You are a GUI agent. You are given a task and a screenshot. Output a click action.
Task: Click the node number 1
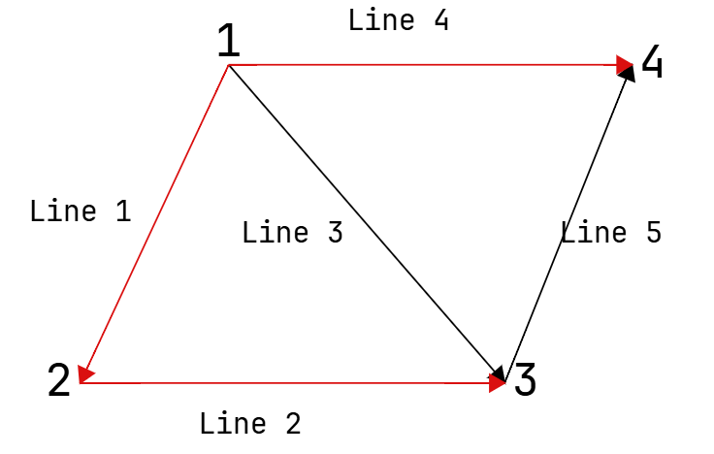tap(229, 41)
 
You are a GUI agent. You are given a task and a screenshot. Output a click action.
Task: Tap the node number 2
tap(59, 379)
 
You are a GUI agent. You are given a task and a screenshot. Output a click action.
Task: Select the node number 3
tap(525, 379)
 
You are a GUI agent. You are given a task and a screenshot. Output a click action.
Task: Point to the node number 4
tap(652, 61)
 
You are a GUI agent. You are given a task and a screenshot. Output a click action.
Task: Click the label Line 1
tap(81, 211)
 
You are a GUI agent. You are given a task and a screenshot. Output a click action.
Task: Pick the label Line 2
tap(250, 424)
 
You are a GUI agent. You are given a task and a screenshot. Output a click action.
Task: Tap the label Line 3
tap(293, 232)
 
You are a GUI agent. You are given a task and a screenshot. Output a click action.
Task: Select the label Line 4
tap(399, 20)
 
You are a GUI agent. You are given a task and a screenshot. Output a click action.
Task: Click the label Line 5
tap(611, 232)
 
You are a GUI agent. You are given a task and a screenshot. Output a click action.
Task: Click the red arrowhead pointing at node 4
tap(625, 65)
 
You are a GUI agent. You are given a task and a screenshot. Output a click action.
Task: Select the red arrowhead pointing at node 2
tap(84, 374)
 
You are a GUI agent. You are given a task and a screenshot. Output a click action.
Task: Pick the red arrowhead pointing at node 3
tap(497, 383)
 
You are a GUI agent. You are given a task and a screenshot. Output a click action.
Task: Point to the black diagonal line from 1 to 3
tap(367, 223)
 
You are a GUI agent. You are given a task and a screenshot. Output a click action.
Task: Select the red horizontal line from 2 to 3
tap(292, 383)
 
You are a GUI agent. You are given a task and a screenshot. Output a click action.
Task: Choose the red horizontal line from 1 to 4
tap(431, 65)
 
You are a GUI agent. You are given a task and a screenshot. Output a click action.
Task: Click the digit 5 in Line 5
tap(654, 232)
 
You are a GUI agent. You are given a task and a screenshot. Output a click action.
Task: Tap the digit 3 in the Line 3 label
tap(336, 232)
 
